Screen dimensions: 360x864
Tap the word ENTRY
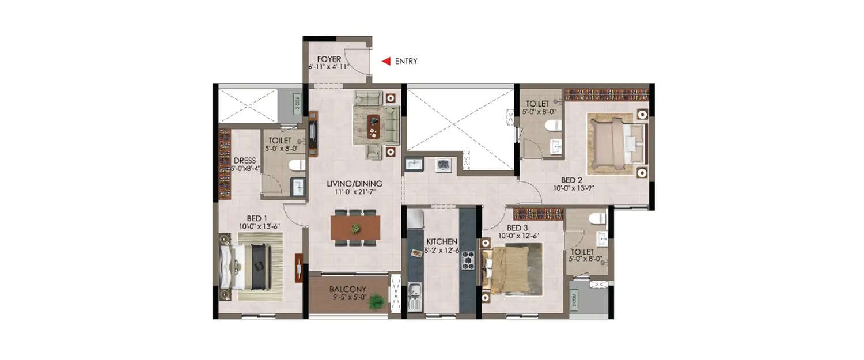pos(406,61)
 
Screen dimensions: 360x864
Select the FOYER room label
pos(329,59)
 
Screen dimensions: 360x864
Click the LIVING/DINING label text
pos(354,184)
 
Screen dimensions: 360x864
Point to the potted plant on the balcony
pos(377,301)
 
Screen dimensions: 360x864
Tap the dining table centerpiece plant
pos(356,228)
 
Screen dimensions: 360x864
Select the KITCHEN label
pos(442,241)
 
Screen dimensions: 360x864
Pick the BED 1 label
pos(257,218)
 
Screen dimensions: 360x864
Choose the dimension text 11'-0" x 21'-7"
pos(355,192)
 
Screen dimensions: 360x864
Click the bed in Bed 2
pos(615,143)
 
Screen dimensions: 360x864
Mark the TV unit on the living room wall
pos(313,134)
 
